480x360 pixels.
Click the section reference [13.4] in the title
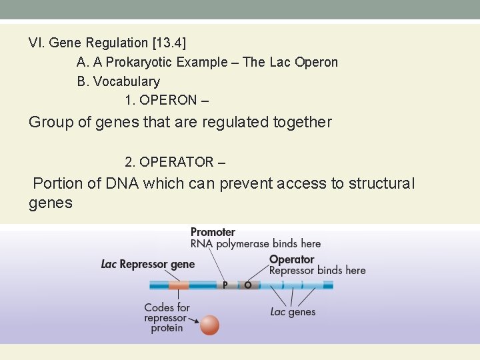[x=169, y=43]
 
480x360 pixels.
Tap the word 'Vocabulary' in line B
[x=127, y=82]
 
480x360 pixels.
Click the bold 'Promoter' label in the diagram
[x=213, y=232]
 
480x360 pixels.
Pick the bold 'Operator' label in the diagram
[x=291, y=259]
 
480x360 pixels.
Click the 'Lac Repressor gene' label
[x=148, y=265]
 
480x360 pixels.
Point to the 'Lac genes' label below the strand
[x=293, y=312]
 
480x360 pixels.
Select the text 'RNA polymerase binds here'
[x=255, y=244]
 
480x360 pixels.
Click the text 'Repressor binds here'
[x=317, y=271]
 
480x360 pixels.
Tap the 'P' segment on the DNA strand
[x=225, y=285]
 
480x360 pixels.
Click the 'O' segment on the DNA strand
[x=248, y=285]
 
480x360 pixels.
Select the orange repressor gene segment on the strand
[x=179, y=285]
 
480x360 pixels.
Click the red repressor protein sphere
[x=209, y=325]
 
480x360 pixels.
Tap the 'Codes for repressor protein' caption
[x=167, y=318]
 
